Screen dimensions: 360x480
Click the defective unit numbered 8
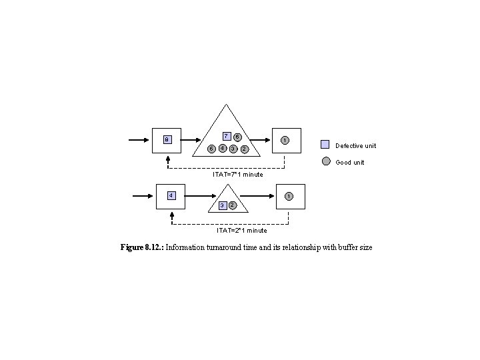click(167, 140)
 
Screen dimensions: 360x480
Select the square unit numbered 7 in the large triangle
click(226, 136)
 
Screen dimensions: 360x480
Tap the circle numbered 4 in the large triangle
click(222, 148)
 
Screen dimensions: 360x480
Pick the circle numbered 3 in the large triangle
click(233, 148)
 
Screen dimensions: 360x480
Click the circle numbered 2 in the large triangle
click(244, 149)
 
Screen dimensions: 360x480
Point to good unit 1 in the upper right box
click(285, 140)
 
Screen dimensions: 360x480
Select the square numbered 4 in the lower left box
click(171, 195)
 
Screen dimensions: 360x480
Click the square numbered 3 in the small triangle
click(222, 205)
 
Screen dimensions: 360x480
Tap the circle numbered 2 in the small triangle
click(232, 205)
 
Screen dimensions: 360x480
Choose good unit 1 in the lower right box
click(287, 196)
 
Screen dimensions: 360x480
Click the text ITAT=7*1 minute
click(238, 175)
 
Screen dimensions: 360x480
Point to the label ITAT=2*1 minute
click(242, 231)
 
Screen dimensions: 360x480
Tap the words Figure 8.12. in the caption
click(141, 248)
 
